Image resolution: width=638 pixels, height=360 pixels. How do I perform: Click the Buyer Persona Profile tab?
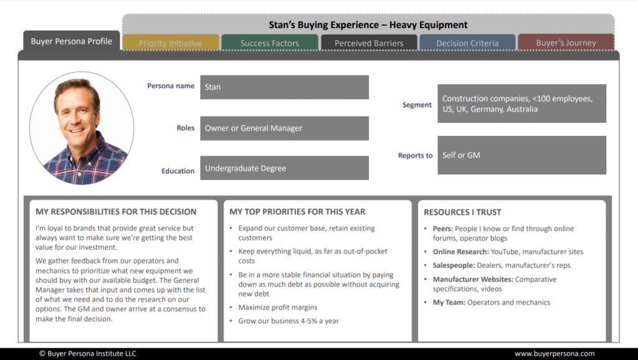pos(71,40)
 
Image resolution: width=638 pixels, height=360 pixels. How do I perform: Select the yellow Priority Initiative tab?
pos(171,43)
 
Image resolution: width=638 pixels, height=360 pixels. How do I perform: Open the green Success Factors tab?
pos(270,43)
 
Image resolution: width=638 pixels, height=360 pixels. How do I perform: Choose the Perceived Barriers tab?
pos(369,43)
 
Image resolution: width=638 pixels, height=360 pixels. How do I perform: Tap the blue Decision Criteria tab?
pos(467,43)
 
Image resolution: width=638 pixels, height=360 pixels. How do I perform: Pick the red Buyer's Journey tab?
pos(566,42)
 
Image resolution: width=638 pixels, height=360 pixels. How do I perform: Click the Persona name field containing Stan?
pos(284,87)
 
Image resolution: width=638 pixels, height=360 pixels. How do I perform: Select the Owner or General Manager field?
pos(284,128)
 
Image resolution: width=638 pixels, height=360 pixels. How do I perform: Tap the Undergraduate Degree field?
pos(284,168)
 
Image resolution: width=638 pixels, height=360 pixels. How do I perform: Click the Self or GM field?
pos(521,155)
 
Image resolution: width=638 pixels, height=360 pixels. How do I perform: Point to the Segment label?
pos(417,105)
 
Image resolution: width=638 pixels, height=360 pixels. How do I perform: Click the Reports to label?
pos(415,155)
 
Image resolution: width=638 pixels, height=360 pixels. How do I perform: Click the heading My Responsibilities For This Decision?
pos(116,212)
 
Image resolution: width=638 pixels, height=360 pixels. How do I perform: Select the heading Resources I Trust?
pos(462,212)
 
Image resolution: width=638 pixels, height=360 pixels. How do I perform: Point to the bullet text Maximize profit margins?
pos(278,308)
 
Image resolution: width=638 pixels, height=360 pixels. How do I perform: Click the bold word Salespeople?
pos(454,265)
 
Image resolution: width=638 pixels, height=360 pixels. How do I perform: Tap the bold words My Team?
pos(449,303)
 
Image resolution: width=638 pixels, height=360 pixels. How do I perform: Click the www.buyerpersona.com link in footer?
pos(555,354)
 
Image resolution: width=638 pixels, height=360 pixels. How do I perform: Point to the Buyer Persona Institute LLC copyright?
pos(88,354)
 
